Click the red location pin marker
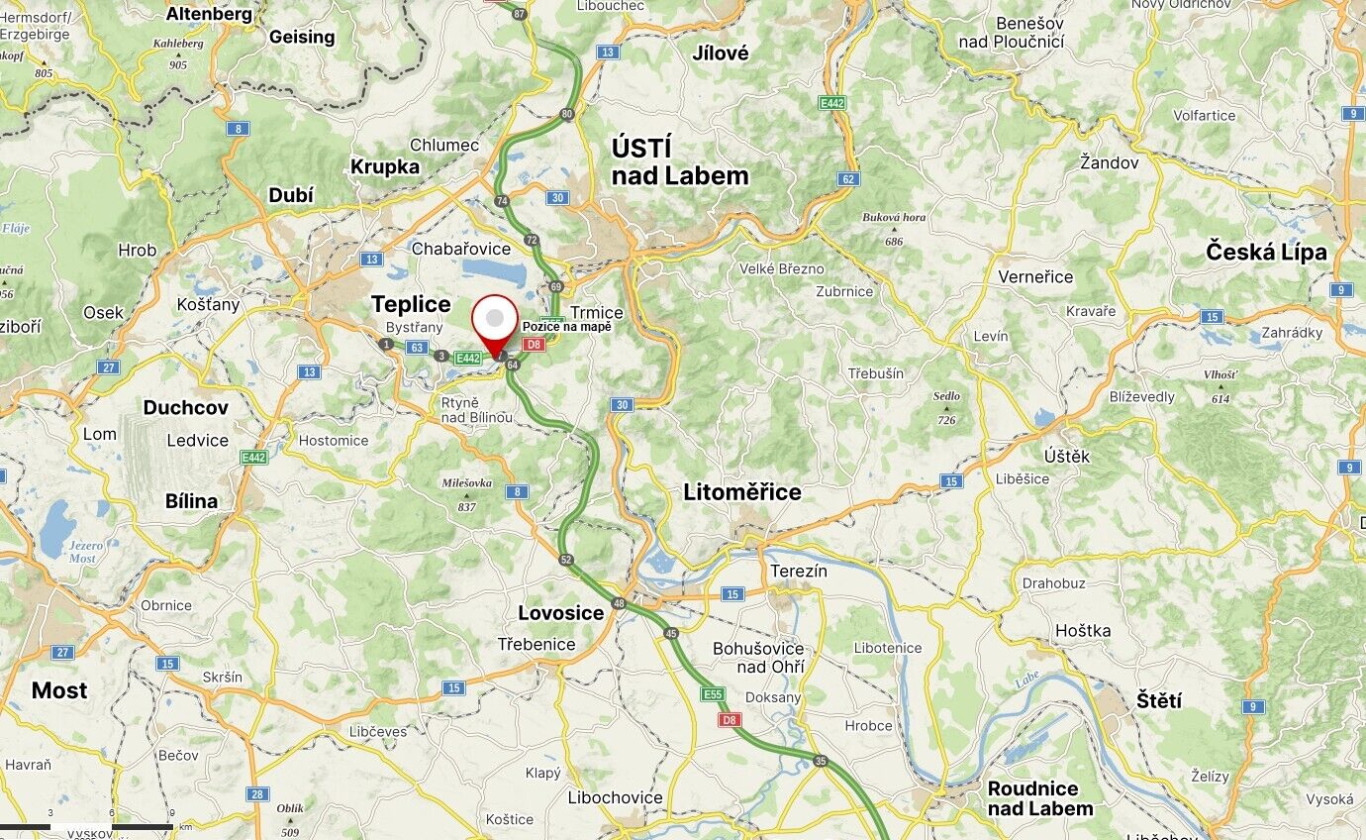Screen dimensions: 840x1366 coord(495,320)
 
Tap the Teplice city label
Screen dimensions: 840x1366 coord(411,304)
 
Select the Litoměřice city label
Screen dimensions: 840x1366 coord(742,492)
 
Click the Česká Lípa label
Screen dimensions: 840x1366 coord(1266,252)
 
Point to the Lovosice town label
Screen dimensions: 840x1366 coord(561,613)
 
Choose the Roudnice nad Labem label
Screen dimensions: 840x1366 coord(1039,798)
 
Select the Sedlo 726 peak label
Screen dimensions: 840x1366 coord(946,407)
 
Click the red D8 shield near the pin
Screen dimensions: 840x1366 coord(535,344)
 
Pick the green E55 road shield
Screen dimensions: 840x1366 coord(713,694)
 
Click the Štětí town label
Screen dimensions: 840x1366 coord(1159,700)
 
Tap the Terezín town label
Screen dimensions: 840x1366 coord(799,572)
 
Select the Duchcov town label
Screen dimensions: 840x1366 coord(185,407)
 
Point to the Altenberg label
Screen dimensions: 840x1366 coord(209,14)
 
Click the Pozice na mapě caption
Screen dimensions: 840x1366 coord(567,327)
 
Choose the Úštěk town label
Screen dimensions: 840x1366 coord(1067,456)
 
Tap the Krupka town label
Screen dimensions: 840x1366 coord(385,167)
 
